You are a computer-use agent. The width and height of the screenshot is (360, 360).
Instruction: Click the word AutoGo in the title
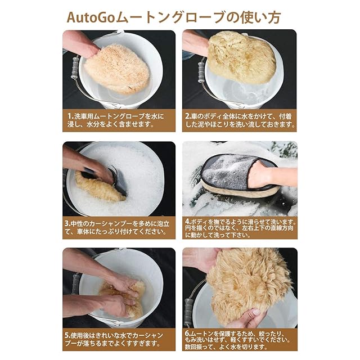[x=91, y=17]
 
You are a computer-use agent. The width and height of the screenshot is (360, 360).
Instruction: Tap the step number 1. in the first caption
[x=70, y=116]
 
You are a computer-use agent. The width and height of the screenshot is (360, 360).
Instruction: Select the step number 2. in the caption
[x=188, y=116]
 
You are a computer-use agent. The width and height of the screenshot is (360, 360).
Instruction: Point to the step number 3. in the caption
[x=67, y=223]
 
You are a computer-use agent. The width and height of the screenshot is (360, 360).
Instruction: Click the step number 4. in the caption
[x=188, y=222]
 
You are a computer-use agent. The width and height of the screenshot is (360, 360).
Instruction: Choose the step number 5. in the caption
[x=67, y=335]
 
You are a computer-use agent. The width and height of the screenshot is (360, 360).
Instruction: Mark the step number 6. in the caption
[x=188, y=334]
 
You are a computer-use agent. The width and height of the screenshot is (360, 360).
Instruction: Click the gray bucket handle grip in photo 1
[x=75, y=68]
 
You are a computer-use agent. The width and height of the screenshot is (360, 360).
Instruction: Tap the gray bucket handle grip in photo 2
[x=201, y=72]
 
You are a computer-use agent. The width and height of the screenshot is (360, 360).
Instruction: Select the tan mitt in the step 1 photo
[x=117, y=69]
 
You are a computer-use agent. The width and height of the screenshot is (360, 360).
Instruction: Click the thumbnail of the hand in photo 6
[x=256, y=312]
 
